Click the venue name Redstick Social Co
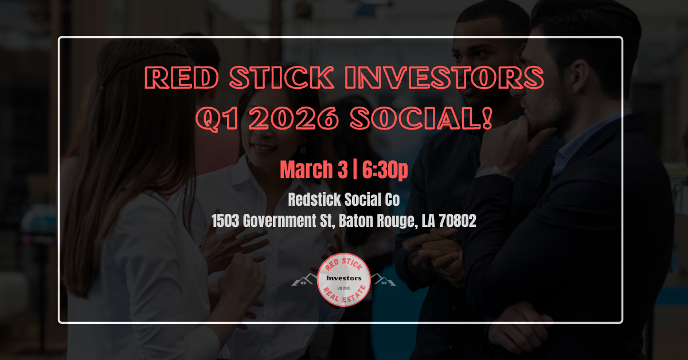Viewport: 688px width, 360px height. (344, 201)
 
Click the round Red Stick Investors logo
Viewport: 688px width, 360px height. (344, 280)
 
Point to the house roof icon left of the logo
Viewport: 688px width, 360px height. (305, 280)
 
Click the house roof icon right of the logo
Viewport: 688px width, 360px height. (382, 280)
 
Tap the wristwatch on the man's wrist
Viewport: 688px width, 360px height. (494, 170)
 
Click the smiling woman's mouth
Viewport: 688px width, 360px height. (264, 148)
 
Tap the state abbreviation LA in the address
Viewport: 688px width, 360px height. (428, 222)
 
